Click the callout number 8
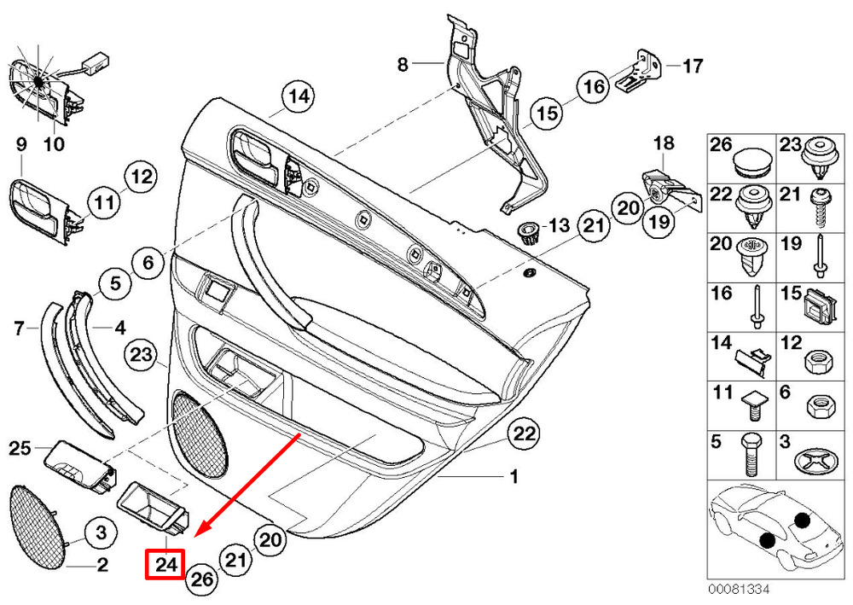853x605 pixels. pyautogui.click(x=403, y=65)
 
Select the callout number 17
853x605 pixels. pyautogui.click(x=693, y=66)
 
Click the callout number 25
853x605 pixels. pyautogui.click(x=20, y=448)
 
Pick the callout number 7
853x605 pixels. pyautogui.click(x=19, y=328)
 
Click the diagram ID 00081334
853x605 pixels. pyautogui.click(x=738, y=590)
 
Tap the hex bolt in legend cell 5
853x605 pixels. pyautogui.click(x=747, y=455)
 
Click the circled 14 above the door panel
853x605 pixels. pyautogui.click(x=299, y=96)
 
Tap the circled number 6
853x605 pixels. pyautogui.click(x=148, y=263)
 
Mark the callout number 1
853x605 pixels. pyautogui.click(x=514, y=477)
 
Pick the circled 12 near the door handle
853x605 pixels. pyautogui.click(x=141, y=177)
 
